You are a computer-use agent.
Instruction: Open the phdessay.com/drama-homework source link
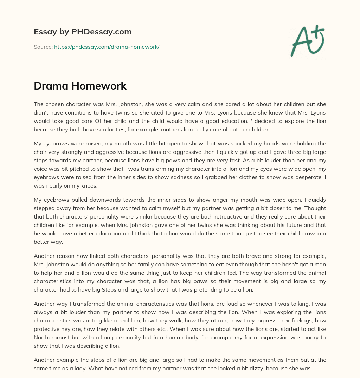[x=107, y=47]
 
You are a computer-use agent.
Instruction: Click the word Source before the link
[x=43, y=47]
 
